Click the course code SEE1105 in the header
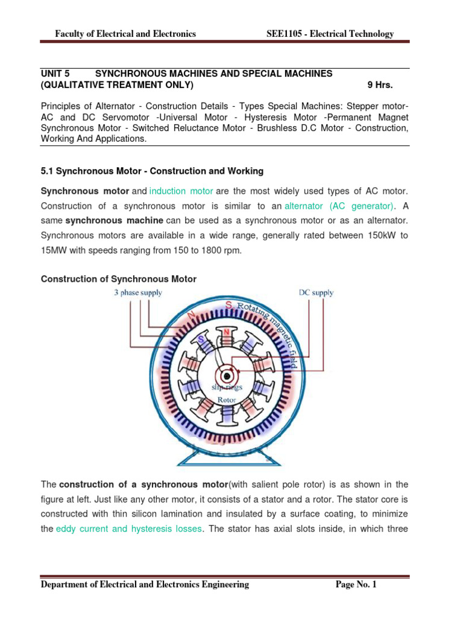[287, 34]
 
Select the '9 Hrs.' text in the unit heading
[380, 85]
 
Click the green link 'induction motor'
[181, 191]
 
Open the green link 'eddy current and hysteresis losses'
[128, 529]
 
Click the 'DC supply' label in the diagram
[316, 293]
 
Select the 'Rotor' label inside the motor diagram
[227, 399]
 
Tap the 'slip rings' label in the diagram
[226, 387]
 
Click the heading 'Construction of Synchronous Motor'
[118, 279]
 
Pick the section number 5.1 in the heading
[47, 171]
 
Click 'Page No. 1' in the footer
[356, 584]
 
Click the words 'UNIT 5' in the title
[55, 74]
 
